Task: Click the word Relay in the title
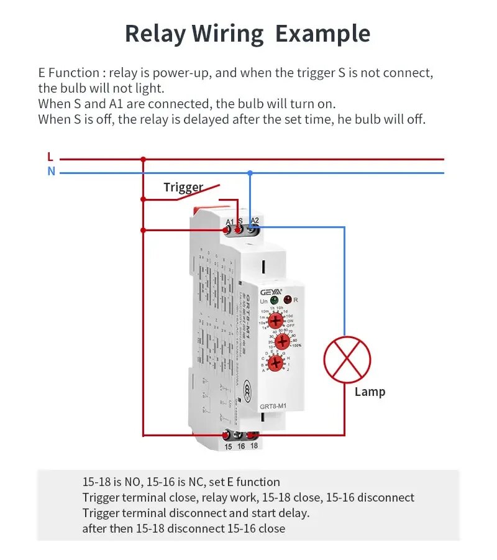153,34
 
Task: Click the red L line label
50,157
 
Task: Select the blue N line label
51,172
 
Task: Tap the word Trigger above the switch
183,187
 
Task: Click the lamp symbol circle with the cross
347,360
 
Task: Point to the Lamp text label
370,392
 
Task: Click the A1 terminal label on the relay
229,222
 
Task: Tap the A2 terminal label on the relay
254,221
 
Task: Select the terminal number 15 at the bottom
228,446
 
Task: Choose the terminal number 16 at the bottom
241,446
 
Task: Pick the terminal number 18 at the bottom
253,446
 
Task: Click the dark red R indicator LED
288,300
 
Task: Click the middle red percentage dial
283,341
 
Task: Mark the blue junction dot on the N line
250,172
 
